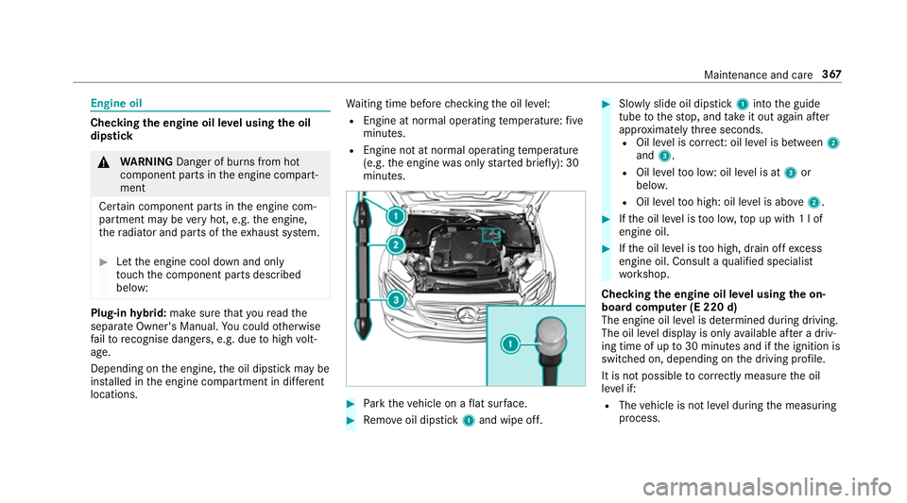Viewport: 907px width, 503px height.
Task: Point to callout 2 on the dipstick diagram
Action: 396,244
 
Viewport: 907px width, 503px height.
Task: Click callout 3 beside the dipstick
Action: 396,301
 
